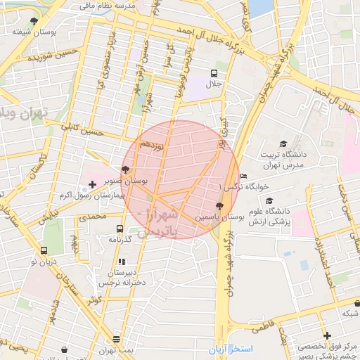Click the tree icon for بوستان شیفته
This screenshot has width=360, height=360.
[34, 21]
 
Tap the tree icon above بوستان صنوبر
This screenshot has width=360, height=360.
[125, 169]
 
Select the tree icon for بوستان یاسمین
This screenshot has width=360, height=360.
[221, 206]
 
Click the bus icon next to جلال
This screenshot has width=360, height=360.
[214, 72]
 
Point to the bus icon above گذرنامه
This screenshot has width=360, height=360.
[120, 229]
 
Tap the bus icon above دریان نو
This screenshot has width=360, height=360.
[44, 250]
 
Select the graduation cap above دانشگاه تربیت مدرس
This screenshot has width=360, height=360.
[283, 144]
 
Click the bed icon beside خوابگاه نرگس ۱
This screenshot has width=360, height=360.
[243, 176]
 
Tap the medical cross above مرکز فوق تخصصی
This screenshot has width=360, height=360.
[327, 335]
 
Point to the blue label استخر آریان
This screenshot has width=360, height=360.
[230, 349]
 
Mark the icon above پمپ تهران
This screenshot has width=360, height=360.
[65, 349]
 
